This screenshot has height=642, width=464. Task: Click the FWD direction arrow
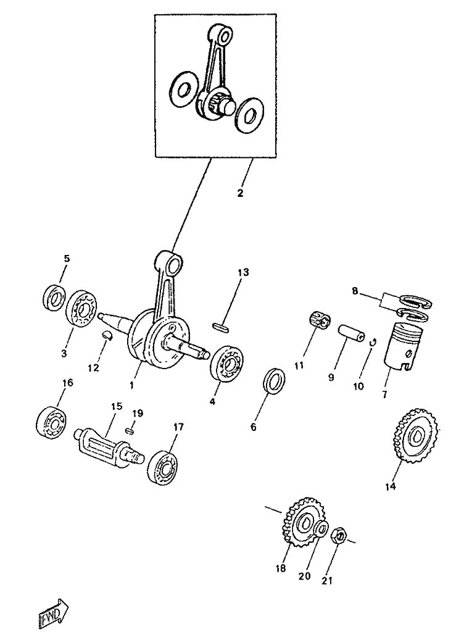pos(53,612)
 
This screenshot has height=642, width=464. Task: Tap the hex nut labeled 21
pos(339,535)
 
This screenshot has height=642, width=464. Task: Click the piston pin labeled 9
pos(352,333)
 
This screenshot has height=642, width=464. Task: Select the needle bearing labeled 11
pos(320,320)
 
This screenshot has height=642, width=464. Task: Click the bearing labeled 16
pos(51,422)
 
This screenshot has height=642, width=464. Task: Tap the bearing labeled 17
pos(162,467)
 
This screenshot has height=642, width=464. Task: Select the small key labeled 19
pos(131,430)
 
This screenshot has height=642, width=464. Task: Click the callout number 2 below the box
pos(240,193)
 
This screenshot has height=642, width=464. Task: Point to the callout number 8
pos(355,291)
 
